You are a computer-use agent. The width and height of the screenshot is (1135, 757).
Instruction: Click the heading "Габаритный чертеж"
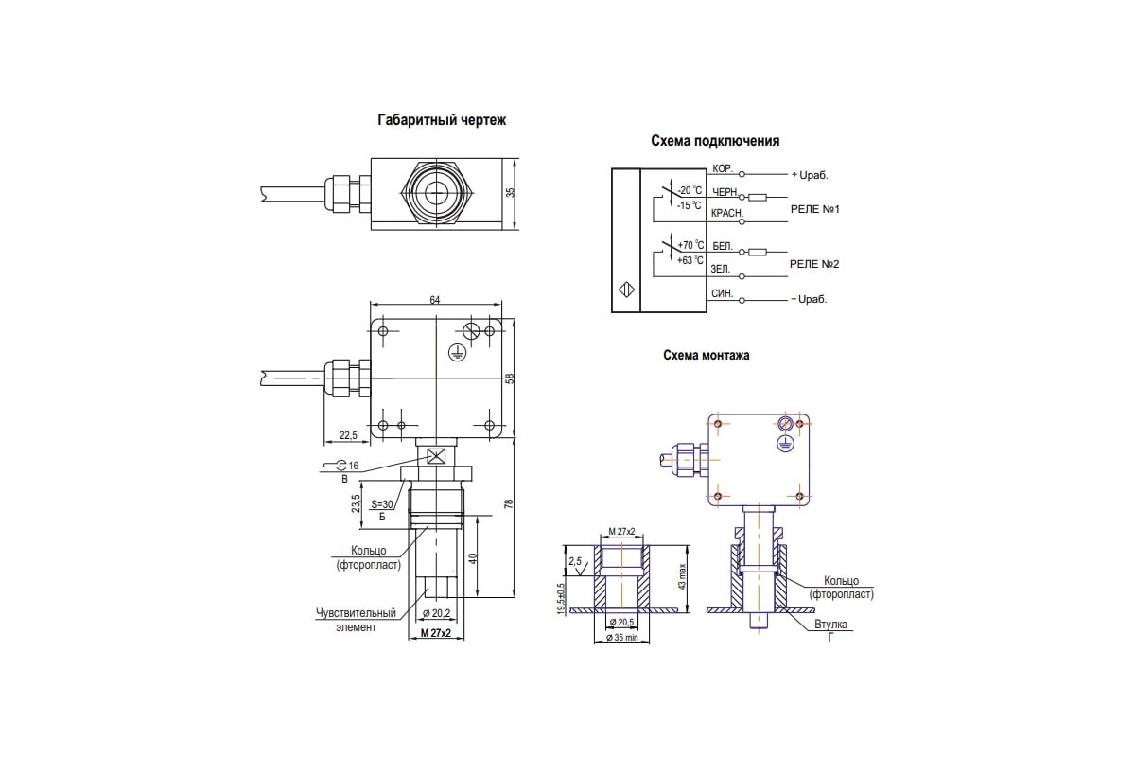coord(442,121)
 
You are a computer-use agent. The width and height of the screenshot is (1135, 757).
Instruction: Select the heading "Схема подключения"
coord(715,141)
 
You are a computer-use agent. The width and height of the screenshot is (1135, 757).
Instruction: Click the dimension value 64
coord(435,300)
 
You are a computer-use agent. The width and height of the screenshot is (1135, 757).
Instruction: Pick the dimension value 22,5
coord(347,435)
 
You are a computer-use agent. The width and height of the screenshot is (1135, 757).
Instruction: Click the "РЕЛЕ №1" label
coord(814,208)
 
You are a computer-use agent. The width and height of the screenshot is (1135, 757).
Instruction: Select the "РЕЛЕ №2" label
coord(814,264)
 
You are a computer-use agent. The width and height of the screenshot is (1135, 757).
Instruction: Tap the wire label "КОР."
coord(723,168)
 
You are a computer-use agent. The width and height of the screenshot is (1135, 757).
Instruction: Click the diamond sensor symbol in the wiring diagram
coord(625,290)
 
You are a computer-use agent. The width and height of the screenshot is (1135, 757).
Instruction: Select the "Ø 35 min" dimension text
coord(621,639)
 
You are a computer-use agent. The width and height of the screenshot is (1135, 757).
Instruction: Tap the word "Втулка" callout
coord(830,625)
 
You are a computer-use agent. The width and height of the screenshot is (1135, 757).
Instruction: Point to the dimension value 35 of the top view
coord(511,192)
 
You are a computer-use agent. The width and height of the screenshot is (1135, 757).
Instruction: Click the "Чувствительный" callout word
coord(355,613)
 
